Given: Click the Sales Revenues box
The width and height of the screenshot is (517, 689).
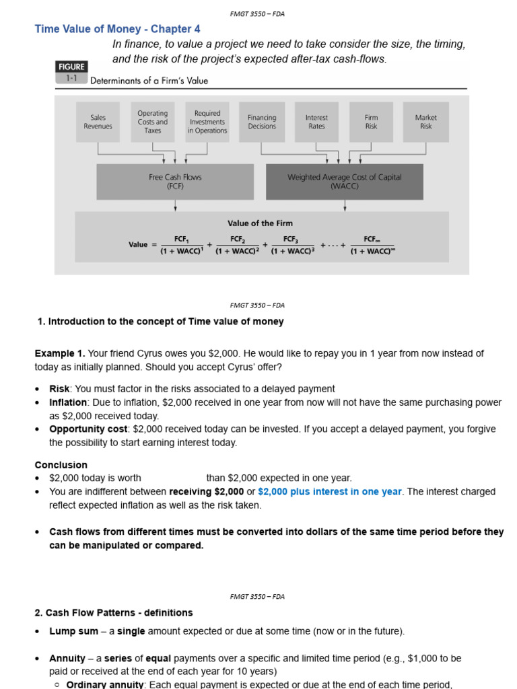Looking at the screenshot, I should pyautogui.click(x=98, y=122).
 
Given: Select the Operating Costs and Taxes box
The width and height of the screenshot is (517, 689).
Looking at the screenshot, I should pyautogui.click(x=153, y=122).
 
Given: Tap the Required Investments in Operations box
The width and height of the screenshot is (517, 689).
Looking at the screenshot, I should pyautogui.click(x=207, y=122).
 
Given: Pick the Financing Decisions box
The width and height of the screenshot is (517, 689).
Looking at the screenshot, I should pyautogui.click(x=262, y=122).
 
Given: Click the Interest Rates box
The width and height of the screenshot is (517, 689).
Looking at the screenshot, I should pyautogui.click(x=316, y=122).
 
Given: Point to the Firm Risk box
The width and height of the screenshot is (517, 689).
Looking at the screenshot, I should pyautogui.click(x=371, y=122).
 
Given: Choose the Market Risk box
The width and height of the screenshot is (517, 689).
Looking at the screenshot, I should pyautogui.click(x=425, y=122).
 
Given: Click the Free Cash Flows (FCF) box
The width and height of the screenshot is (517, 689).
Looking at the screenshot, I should pyautogui.click(x=175, y=182).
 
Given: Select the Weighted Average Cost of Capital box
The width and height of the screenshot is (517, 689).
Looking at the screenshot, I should pyautogui.click(x=344, y=182).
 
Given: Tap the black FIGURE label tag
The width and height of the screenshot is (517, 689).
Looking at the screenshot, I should pyautogui.click(x=71, y=67).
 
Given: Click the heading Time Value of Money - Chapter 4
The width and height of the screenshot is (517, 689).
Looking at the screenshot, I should pyautogui.click(x=117, y=29).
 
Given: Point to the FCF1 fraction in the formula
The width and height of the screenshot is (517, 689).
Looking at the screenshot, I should pyautogui.click(x=182, y=245).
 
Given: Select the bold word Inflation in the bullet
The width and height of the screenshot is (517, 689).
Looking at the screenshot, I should pyautogui.click(x=68, y=402).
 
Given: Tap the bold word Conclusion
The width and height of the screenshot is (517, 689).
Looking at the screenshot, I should pyautogui.click(x=61, y=465).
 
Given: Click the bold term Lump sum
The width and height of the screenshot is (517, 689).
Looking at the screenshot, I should pyautogui.click(x=73, y=631).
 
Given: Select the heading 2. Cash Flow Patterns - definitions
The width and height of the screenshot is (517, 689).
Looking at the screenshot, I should pyautogui.click(x=114, y=612).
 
